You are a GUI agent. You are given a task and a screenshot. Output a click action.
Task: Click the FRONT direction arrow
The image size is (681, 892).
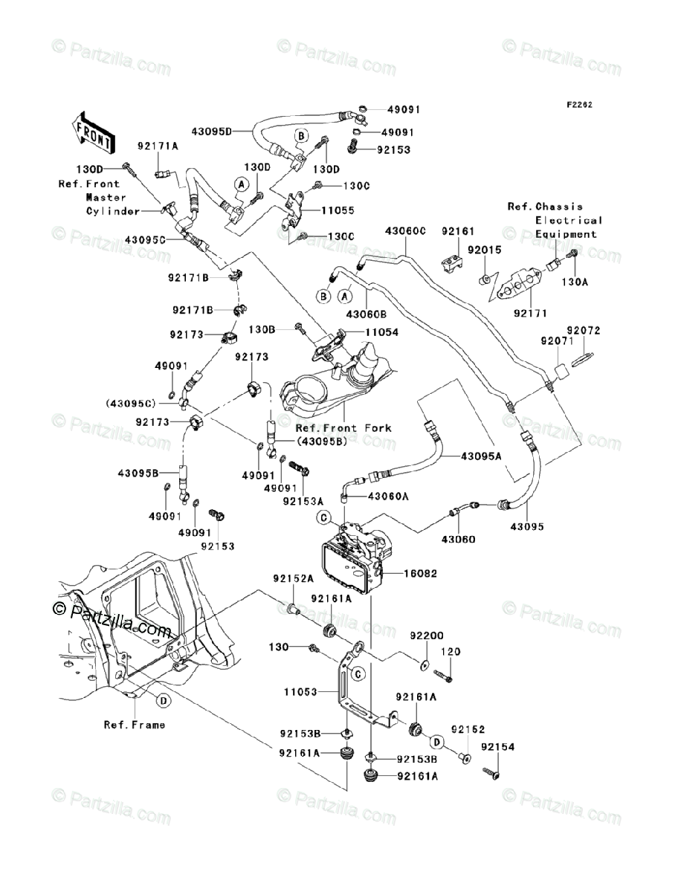click(92, 133)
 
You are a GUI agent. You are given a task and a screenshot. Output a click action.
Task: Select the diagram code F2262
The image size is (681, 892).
click(580, 105)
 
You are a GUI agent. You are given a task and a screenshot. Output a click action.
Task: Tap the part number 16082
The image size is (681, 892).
click(420, 573)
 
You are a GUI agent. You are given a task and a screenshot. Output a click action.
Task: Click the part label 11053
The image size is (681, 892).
click(300, 691)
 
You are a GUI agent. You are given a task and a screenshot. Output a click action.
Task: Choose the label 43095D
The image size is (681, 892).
click(212, 132)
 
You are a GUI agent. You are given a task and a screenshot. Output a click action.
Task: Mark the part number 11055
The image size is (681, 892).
click(338, 210)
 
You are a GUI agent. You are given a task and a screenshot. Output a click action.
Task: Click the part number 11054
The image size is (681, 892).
click(381, 332)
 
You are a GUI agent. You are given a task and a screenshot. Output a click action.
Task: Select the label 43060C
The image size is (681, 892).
click(405, 231)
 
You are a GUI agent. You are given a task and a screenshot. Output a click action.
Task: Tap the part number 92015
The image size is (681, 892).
click(484, 250)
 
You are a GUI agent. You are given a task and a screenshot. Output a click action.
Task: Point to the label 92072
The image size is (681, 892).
click(584, 330)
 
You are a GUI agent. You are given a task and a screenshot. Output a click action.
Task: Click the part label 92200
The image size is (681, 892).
click(427, 635)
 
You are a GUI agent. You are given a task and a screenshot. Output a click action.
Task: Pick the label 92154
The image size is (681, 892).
click(498, 747)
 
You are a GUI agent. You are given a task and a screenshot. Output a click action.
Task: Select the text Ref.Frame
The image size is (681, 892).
click(135, 725)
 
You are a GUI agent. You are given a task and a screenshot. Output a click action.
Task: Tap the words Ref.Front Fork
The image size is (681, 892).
click(343, 428)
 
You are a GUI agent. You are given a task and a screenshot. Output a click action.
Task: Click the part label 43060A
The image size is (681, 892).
click(388, 497)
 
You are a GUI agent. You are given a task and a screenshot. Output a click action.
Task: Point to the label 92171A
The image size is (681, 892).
click(158, 146)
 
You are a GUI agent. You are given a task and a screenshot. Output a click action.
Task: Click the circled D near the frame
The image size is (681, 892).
click(164, 701)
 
